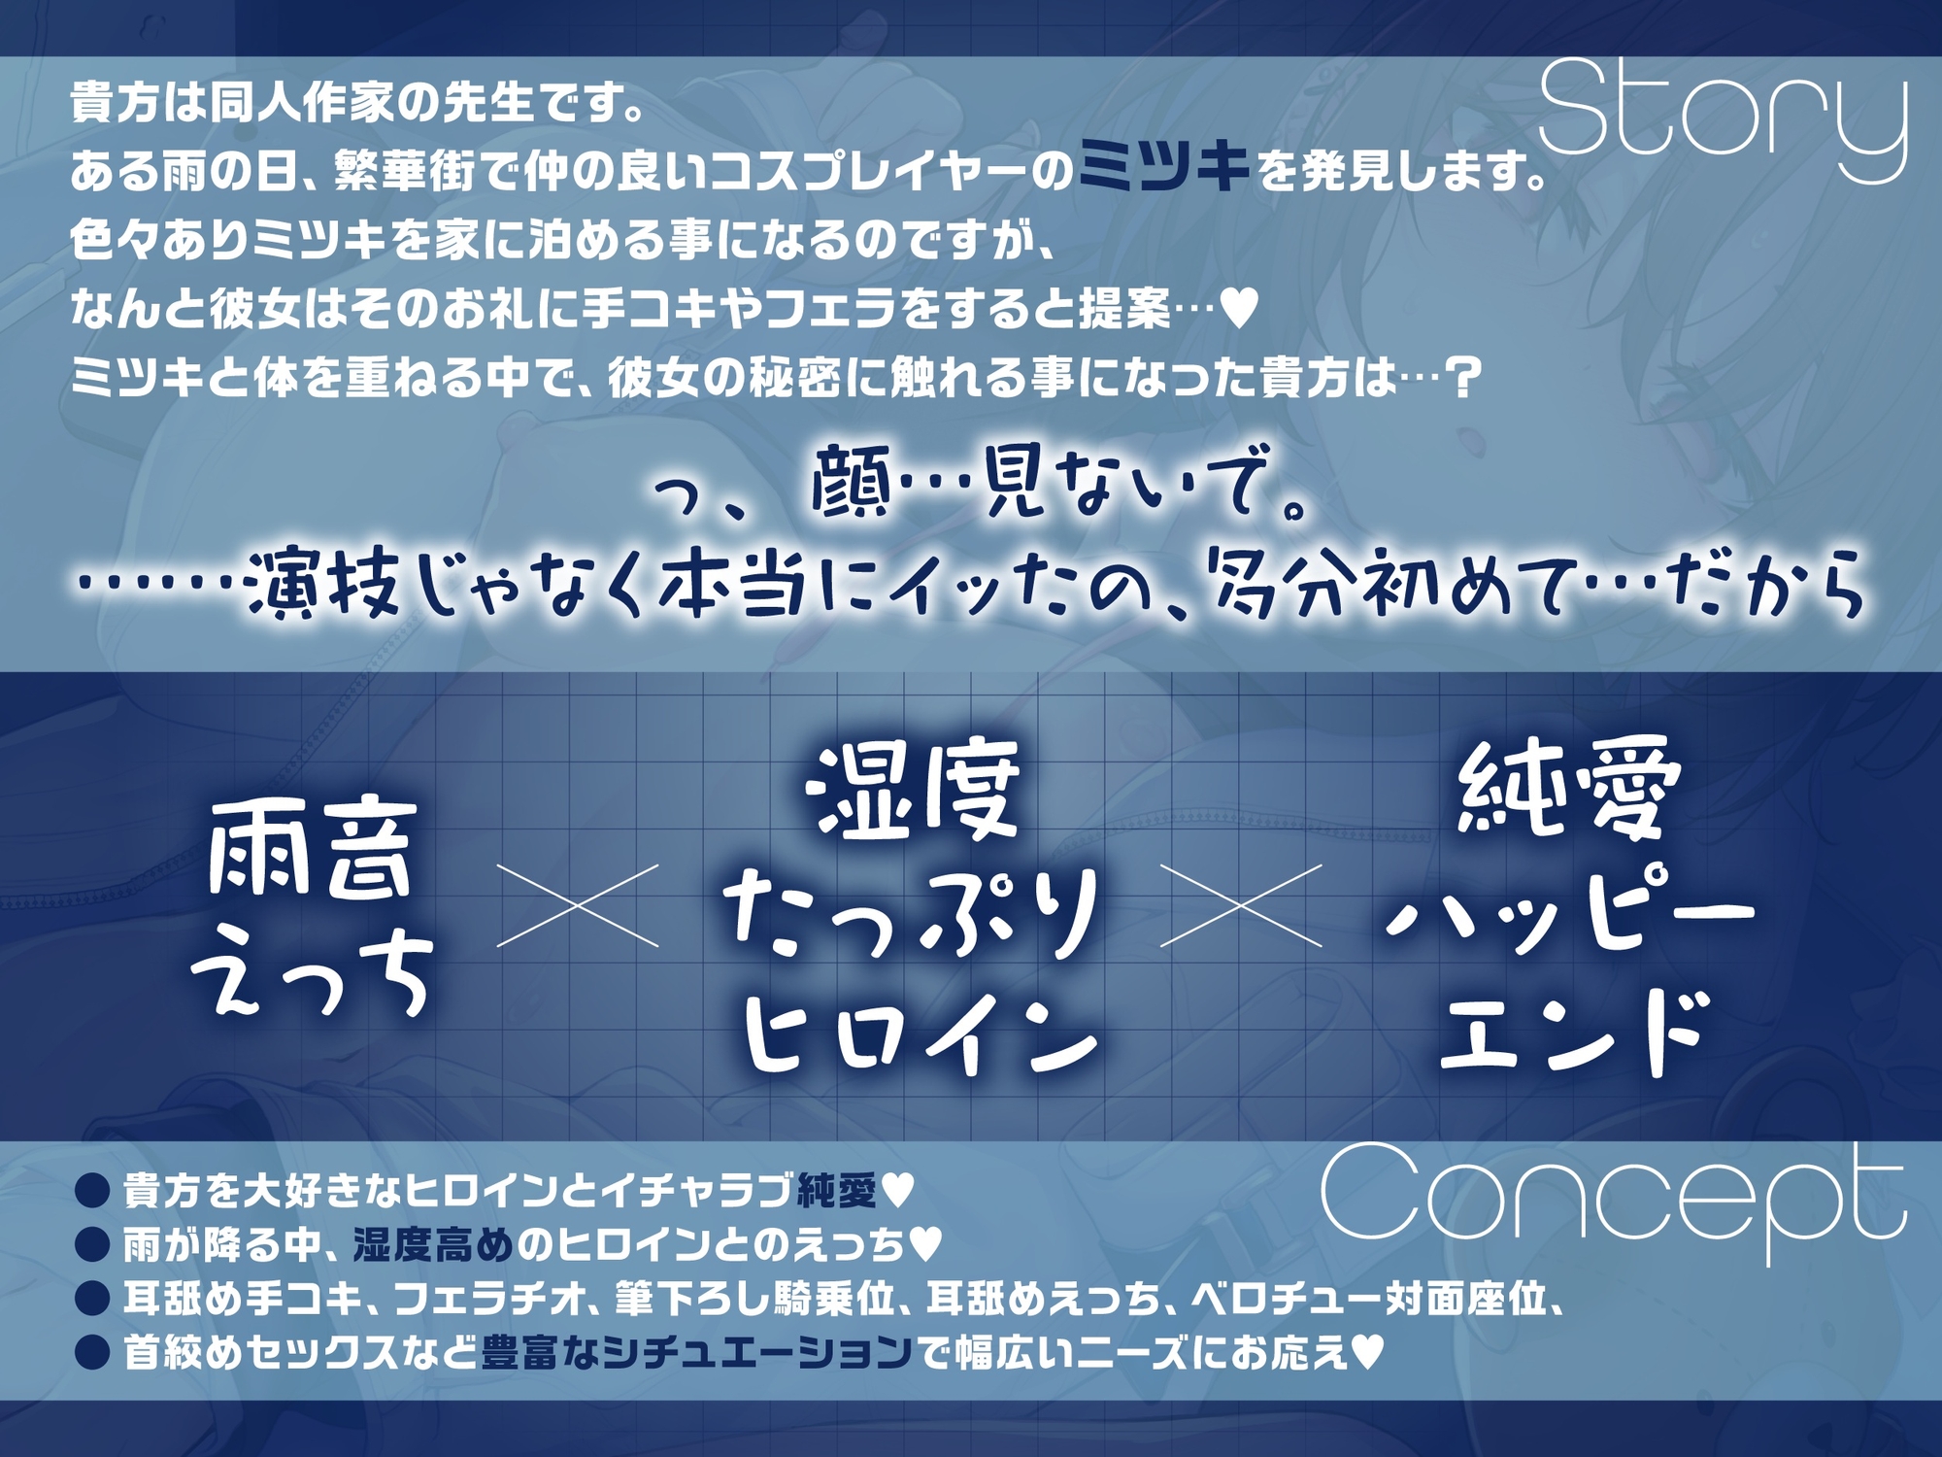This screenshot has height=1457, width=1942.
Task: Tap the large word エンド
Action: coord(1571,1033)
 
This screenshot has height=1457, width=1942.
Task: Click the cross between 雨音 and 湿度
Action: coord(578,905)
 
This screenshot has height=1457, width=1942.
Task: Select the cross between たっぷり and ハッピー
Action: coord(1241,905)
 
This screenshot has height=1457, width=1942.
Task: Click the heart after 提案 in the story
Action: coord(1238,309)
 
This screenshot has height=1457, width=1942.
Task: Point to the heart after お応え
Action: coord(1367,1351)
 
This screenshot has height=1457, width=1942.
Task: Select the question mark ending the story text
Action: coord(1462,378)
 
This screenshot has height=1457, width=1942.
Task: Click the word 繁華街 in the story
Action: coord(405,173)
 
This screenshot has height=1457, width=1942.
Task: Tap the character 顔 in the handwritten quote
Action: coord(851,483)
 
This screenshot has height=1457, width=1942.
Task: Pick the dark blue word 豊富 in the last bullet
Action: coord(519,1352)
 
